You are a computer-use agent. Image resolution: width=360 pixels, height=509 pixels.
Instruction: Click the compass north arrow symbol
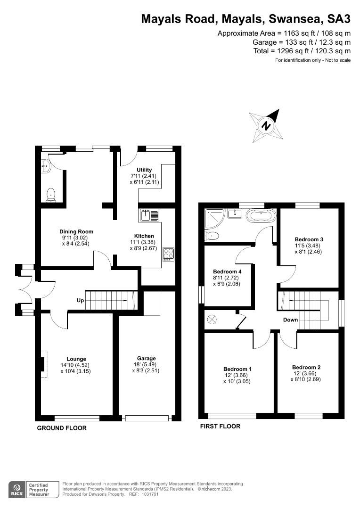[x=267, y=126]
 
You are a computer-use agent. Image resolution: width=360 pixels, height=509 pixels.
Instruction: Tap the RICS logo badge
[x=17, y=489]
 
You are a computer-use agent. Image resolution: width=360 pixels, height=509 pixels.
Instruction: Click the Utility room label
[x=144, y=170]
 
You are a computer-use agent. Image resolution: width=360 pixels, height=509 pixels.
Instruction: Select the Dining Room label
[x=76, y=231]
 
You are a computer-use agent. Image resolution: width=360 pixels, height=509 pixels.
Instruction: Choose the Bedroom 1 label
[x=237, y=369]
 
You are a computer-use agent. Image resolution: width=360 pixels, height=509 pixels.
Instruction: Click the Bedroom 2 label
[x=306, y=368]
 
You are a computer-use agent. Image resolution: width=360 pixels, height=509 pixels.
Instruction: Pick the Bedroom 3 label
[x=309, y=239]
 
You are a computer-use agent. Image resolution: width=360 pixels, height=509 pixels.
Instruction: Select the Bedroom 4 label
[x=227, y=272]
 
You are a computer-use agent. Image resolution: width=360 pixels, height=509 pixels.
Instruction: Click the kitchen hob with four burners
[x=168, y=254]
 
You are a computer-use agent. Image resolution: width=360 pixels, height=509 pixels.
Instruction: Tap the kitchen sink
[x=150, y=215]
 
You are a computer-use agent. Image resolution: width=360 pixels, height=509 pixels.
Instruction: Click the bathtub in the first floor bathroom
[x=261, y=216]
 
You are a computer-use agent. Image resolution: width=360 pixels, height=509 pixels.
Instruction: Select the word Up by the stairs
[x=81, y=300]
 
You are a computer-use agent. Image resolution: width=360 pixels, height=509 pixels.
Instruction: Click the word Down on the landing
[x=291, y=320]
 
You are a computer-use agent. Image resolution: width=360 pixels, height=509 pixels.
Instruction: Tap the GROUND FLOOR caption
[x=62, y=428]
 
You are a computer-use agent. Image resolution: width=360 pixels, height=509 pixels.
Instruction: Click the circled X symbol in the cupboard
[x=212, y=319]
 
